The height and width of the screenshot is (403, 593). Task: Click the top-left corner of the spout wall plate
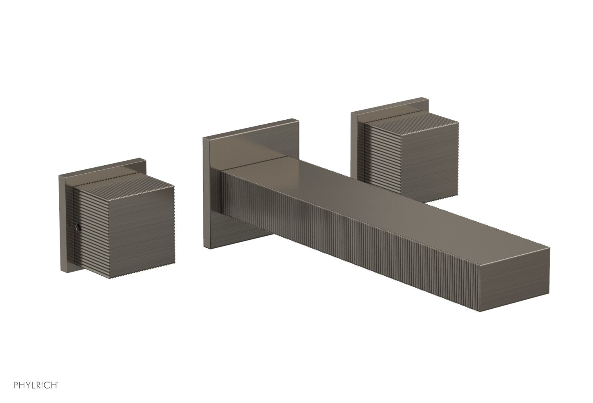coord(203,138)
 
